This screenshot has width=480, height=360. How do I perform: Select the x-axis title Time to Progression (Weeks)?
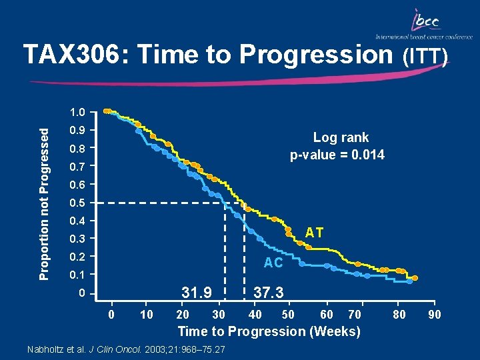269,331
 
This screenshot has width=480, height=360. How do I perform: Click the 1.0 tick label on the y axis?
81,111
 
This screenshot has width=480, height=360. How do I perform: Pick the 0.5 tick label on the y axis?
81,203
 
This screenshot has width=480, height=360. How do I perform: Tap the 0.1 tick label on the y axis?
81,275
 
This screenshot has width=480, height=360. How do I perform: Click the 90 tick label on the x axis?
434,315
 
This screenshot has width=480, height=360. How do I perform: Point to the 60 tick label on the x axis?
327,315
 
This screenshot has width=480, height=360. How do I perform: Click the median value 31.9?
197,292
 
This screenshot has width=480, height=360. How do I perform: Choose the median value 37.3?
269,292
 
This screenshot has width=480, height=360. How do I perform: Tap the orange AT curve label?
314,233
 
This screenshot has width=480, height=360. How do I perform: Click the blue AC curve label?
273,263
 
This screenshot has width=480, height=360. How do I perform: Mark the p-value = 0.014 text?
337,155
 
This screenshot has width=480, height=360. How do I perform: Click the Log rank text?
341,138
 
